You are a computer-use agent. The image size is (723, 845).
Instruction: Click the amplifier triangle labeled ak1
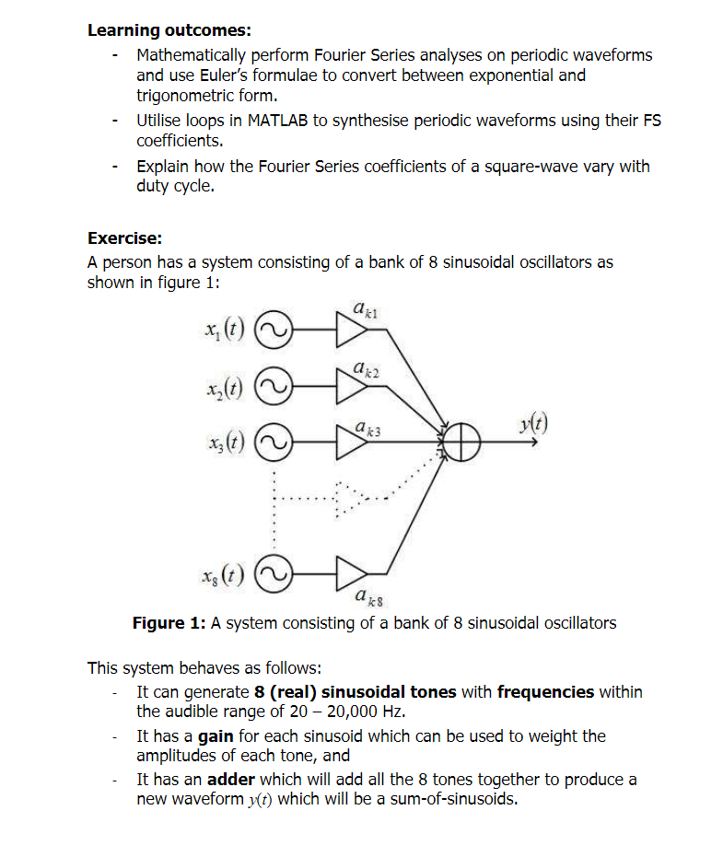point(351,330)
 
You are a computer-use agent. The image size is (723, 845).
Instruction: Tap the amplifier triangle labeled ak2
point(351,385)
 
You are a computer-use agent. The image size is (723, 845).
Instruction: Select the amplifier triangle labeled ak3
point(351,441)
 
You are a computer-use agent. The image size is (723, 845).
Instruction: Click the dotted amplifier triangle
point(349,498)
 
